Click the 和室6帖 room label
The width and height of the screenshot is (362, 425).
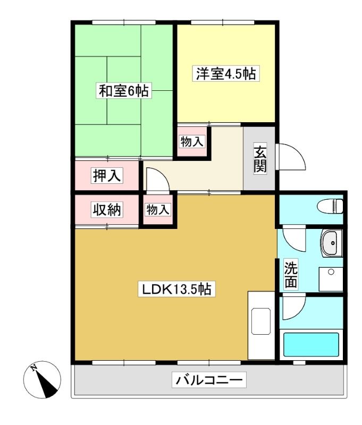point(124,91)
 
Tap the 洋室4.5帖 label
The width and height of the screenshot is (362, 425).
point(226,73)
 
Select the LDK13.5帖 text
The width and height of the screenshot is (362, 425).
point(177,289)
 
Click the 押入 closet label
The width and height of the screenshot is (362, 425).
point(106,175)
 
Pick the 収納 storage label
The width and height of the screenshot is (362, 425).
point(106,209)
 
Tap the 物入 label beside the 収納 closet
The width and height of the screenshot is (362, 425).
point(158,209)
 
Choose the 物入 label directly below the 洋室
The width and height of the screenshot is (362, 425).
point(192,141)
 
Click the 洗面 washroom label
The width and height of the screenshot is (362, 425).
point(291,275)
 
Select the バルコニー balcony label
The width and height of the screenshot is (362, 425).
point(209,380)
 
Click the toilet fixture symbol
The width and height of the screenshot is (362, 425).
point(330,207)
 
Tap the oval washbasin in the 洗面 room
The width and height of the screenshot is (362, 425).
point(331,243)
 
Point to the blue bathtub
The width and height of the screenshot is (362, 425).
point(311,344)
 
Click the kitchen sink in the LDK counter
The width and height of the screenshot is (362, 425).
point(261,321)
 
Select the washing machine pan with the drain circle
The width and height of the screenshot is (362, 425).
point(331,279)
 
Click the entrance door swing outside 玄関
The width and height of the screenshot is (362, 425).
point(291,157)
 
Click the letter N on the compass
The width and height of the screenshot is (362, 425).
point(34,368)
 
